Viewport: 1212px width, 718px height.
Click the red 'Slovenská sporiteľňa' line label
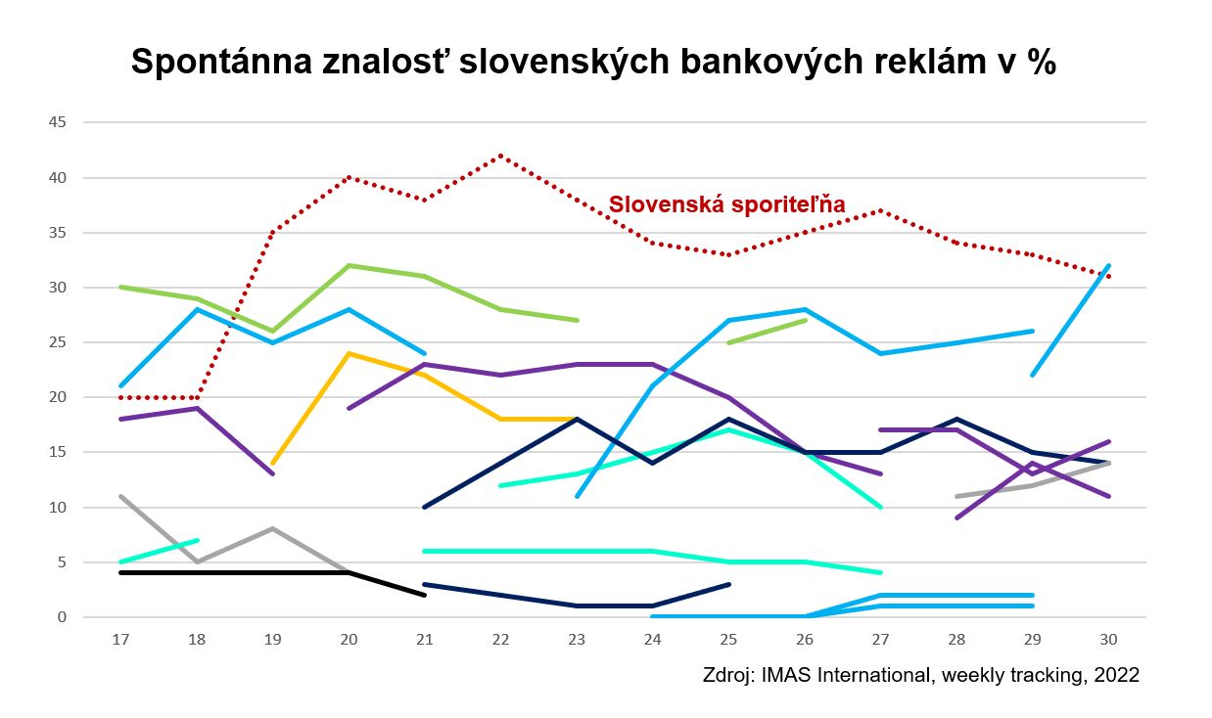point(726,205)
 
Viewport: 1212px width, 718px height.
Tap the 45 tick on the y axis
point(58,122)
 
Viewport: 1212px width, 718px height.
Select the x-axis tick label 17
point(121,639)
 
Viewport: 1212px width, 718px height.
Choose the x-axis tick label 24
point(652,639)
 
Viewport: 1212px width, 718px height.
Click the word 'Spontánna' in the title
point(224,64)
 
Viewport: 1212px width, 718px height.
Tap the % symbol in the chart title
point(1040,64)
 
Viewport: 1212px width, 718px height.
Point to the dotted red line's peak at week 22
point(500,156)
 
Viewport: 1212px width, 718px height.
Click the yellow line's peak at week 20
point(349,353)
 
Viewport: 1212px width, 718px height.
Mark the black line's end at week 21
point(424,595)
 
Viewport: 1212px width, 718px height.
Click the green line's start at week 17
point(121,287)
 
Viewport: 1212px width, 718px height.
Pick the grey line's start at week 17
point(121,496)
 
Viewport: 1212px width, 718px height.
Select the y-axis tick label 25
point(58,342)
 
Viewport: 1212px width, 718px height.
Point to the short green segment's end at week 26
point(804,320)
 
